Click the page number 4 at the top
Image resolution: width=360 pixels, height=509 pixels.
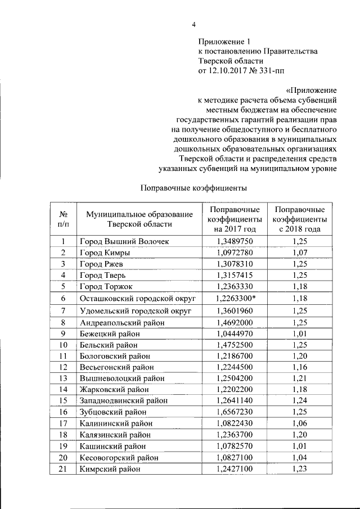point(193,24)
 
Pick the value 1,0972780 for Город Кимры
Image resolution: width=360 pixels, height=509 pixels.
point(235,252)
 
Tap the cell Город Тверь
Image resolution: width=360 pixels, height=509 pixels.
point(102,275)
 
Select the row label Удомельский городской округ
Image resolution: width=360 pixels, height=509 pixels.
point(136,310)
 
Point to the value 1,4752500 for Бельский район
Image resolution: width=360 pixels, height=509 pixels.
point(235,345)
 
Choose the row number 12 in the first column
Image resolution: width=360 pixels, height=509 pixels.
point(64,367)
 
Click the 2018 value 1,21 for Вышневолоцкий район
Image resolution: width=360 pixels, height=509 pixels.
point(299,378)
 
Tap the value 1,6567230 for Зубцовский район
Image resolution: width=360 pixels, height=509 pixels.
point(235,412)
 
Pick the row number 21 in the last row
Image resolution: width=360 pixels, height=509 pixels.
point(64,469)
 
